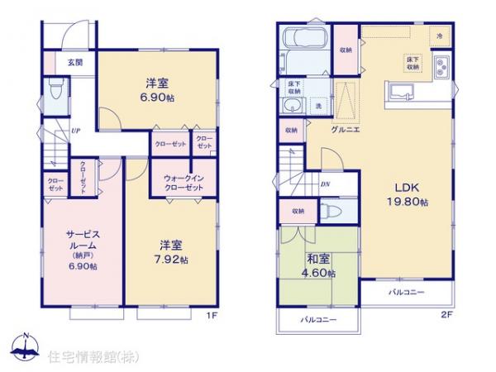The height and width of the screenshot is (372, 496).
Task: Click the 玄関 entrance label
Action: tap(75, 62)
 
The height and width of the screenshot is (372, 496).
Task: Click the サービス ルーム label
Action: tap(83, 240)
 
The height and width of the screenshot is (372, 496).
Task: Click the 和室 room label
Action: tap(318, 259)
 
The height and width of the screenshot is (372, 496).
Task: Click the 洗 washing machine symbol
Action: tap(318, 107)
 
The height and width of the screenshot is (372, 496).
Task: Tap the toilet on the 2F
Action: tap(331, 212)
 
